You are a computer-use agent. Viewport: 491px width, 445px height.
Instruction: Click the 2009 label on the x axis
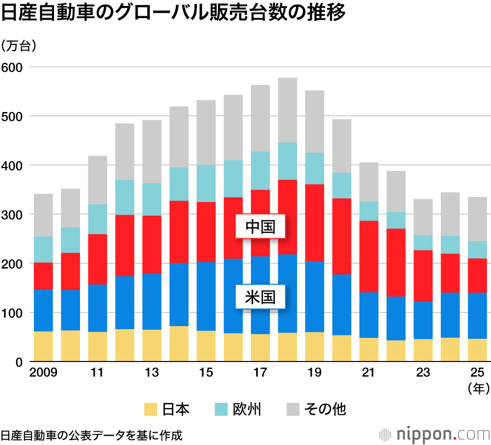tap(43, 372)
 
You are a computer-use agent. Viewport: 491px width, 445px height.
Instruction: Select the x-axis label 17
tap(260, 372)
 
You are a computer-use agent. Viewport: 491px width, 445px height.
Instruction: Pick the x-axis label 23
tap(423, 372)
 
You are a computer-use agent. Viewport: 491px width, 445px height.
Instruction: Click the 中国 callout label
tap(260, 226)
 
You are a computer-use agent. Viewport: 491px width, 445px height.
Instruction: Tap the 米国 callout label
tap(260, 297)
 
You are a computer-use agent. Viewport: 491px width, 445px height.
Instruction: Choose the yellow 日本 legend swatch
tap(150, 409)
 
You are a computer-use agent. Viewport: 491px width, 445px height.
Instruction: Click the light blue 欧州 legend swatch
tap(222, 409)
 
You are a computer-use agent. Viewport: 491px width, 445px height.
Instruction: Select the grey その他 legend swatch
tap(293, 409)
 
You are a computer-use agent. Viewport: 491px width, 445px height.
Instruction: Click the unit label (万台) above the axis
tap(19, 46)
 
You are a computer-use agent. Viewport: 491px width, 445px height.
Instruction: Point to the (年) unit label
tap(477, 389)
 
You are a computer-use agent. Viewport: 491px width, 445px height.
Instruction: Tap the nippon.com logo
tap(435, 434)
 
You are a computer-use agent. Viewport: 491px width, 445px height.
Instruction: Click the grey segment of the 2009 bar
tap(43, 215)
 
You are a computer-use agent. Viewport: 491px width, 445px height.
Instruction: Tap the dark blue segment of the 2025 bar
tap(477, 316)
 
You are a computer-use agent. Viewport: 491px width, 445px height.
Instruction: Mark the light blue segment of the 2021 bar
tap(369, 211)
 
